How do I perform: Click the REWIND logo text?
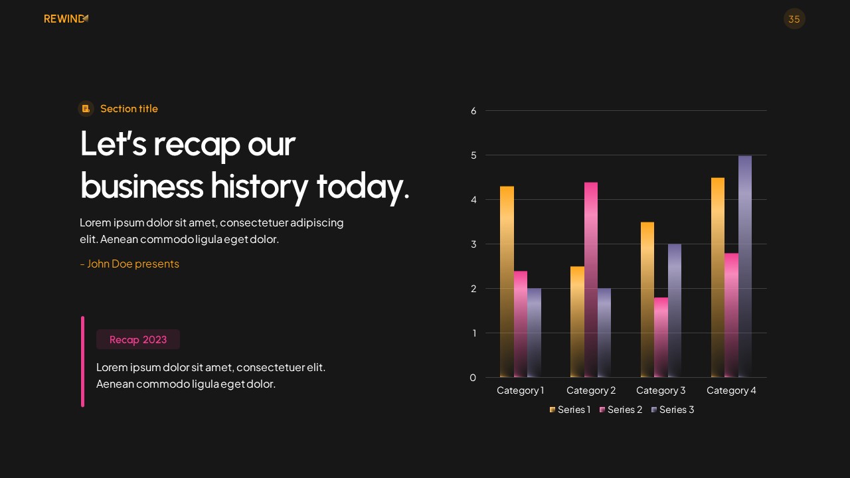point(64,19)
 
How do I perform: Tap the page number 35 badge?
point(794,19)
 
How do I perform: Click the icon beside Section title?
point(86,108)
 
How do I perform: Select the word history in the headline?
point(259,185)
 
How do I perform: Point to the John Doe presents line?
point(129,264)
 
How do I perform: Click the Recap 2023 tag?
point(138,339)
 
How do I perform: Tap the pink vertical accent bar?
point(83,361)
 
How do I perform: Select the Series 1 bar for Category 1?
point(507,281)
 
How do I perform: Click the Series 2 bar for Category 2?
point(591,279)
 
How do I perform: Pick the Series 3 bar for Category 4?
point(745,266)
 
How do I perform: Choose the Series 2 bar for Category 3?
point(661,337)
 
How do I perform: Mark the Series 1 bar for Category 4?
point(718,278)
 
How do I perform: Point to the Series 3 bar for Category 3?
point(675,311)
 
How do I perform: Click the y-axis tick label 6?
point(473,111)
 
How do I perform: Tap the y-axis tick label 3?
point(473,244)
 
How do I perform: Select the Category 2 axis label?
point(591,390)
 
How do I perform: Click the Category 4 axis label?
point(731,390)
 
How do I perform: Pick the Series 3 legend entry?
point(673,410)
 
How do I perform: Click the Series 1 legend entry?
point(570,410)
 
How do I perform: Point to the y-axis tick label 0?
point(473,378)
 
